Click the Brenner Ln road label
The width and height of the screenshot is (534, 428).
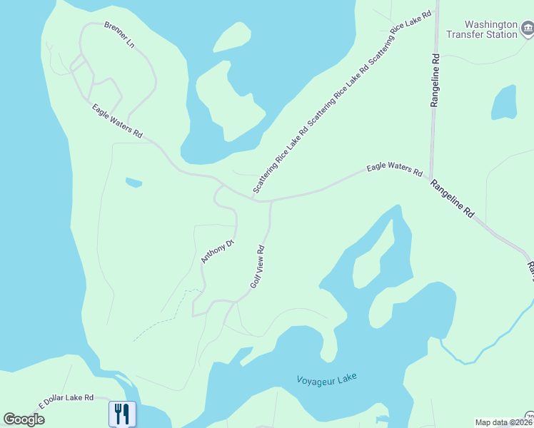pos(119,34)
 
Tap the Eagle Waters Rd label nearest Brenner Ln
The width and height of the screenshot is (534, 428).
pos(118,121)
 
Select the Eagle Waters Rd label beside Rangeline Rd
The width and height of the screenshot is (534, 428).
pos(395,170)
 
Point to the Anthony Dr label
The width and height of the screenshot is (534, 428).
pos(217,251)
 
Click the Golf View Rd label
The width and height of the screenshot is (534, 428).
pos(258,267)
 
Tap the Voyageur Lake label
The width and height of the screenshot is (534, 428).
pos(326,378)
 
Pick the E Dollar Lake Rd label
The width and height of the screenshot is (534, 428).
pos(66,401)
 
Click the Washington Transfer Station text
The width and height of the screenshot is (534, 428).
pos(481,29)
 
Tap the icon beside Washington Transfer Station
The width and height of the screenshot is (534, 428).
pos(528,29)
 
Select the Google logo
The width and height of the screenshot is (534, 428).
pos(24,419)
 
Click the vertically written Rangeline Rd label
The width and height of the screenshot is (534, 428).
pos(434,80)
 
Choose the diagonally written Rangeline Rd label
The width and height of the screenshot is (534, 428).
pos(452,198)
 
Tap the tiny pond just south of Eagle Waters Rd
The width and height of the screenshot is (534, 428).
pos(133,183)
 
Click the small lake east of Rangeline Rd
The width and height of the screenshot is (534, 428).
pos(504,103)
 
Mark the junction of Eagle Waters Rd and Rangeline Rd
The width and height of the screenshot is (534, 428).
pos(429,178)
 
